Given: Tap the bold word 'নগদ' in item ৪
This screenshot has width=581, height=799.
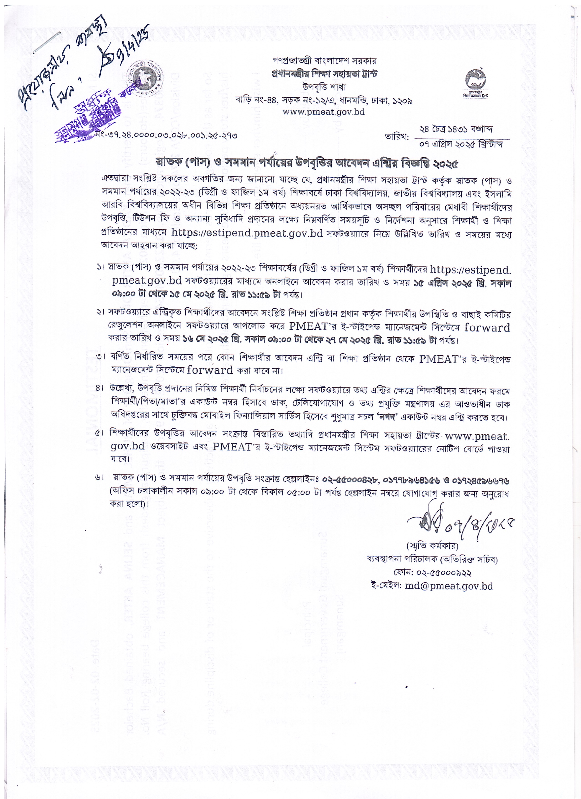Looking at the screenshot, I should (387, 418).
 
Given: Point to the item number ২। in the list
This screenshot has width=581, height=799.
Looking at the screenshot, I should (100, 312).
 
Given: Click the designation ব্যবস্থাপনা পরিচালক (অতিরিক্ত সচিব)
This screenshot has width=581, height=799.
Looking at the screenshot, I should (432, 559).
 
